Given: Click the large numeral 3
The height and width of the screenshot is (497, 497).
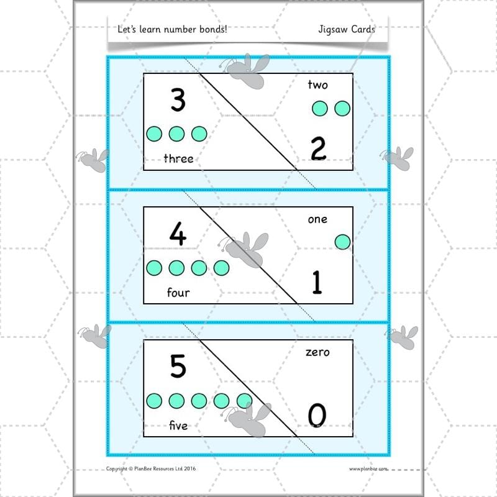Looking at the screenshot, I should point(178,100).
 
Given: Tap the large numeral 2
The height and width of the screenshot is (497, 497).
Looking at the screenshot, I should point(317,150).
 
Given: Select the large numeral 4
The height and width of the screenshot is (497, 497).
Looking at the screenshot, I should point(178,234).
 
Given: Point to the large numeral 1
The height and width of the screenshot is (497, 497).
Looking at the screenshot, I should point(317,283).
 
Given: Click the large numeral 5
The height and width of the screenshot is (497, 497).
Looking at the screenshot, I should point(178,367).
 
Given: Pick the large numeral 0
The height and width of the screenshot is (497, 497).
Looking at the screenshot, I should point(317,416).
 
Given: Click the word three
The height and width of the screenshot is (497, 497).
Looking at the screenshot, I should point(178,159).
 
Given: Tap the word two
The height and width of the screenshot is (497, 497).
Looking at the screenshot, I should point(317,84).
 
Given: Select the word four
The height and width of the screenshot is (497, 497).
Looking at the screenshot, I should point(178,292).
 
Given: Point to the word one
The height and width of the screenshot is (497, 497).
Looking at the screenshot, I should point(317,219).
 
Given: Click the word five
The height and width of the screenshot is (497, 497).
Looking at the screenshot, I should point(178,426).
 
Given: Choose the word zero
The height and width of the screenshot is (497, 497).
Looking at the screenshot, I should point(317,352).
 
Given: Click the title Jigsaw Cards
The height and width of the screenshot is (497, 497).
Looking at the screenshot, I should point(346,29).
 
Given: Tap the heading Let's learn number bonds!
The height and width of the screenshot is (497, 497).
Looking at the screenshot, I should point(172,29).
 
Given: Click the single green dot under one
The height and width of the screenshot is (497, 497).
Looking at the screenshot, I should point(342,242).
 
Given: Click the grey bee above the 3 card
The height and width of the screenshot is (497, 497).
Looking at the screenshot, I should point(248,70).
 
